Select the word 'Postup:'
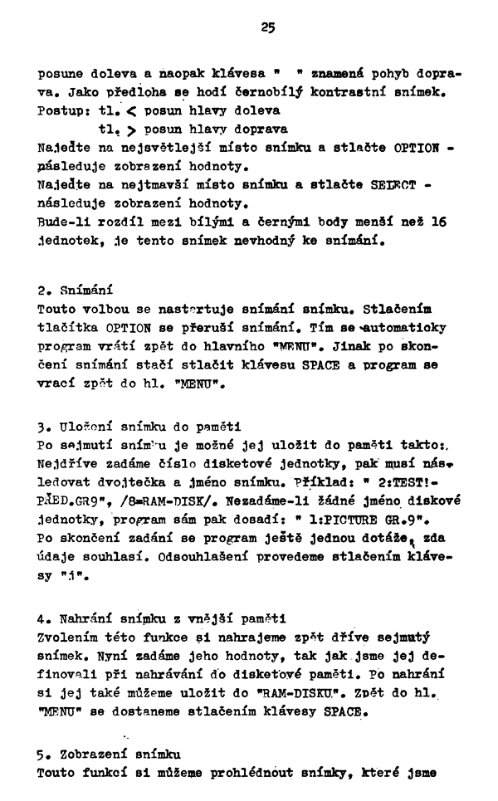coord(63,111)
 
